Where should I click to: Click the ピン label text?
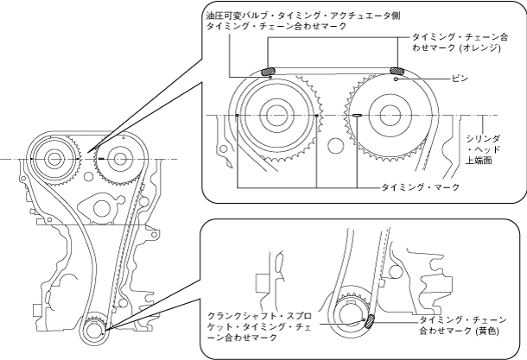coord(459,78)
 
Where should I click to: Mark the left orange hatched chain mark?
coord(268,73)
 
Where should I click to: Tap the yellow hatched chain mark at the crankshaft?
coord(369,321)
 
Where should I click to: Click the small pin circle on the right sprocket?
coord(396,79)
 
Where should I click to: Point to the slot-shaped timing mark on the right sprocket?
coord(355,114)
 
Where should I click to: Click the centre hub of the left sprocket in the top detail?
coord(276,114)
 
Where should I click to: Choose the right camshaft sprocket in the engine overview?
coord(115,160)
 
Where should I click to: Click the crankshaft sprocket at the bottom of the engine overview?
coord(95,330)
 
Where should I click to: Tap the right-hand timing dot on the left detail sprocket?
coord(317,114)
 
